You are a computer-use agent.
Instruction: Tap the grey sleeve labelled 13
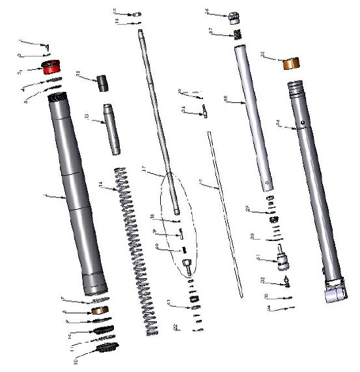point(111,129)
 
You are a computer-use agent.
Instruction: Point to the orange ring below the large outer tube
point(100,310)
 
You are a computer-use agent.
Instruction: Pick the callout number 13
point(87,117)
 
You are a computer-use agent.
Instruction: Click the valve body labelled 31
point(282,259)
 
